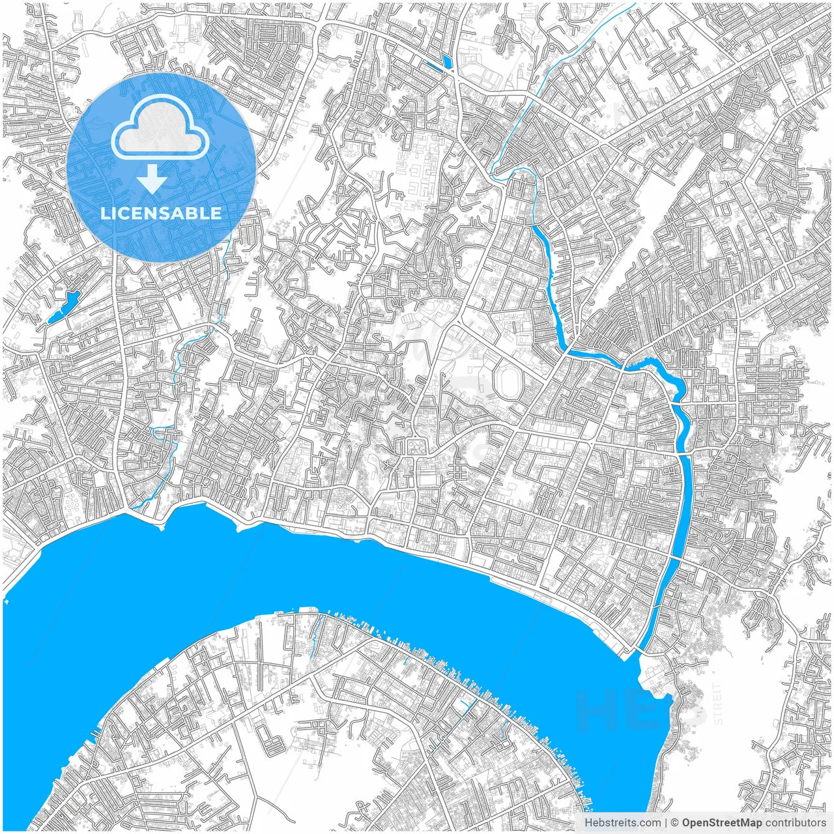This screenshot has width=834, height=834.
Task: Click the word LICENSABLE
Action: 160,213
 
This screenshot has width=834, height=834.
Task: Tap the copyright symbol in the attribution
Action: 675,823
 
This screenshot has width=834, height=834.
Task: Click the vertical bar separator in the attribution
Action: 665,823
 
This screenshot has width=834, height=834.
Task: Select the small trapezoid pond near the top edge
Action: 446,62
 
